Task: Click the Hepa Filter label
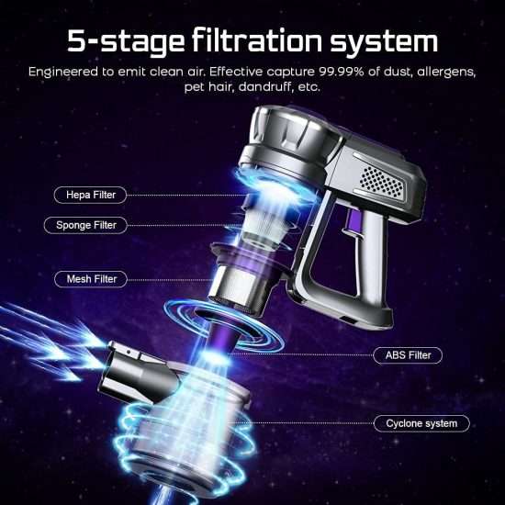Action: pos(91,195)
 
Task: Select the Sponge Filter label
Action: pos(85,225)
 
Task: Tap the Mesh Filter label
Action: pos(91,279)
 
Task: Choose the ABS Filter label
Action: pos(408,355)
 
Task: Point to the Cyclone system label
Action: pos(421,423)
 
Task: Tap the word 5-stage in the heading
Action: pos(126,42)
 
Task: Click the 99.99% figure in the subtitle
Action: pos(342,72)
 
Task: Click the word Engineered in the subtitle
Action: pos(62,72)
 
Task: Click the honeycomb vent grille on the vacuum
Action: pos(381,181)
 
